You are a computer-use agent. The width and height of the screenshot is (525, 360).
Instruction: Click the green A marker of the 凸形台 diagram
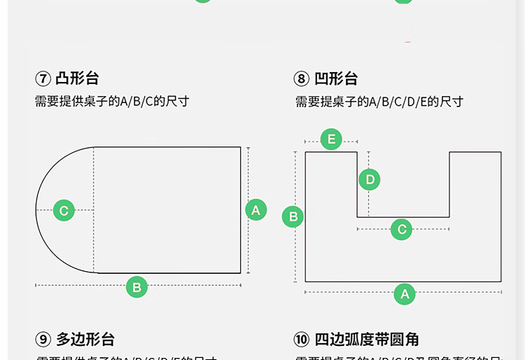(255, 209)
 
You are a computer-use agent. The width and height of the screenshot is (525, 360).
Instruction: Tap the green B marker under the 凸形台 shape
(136, 286)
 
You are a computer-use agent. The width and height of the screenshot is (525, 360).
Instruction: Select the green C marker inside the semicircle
(64, 210)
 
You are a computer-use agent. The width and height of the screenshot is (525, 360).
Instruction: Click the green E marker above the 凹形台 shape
(331, 139)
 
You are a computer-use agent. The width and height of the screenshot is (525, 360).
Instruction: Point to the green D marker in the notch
(370, 180)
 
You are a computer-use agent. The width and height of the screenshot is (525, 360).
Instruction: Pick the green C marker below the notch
(401, 229)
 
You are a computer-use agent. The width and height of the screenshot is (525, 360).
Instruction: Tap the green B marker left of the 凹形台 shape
(293, 216)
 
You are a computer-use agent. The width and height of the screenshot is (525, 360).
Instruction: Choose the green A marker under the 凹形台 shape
(405, 294)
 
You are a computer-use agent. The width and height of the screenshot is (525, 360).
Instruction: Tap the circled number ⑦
(43, 78)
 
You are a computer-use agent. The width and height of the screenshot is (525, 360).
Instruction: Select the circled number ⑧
(302, 78)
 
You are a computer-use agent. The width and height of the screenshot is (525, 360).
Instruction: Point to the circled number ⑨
(43, 340)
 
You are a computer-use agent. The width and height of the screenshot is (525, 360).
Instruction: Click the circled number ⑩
(302, 340)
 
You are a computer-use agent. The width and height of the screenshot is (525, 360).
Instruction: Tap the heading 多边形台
(85, 340)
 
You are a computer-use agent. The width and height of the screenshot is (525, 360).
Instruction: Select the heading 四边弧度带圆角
(367, 340)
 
